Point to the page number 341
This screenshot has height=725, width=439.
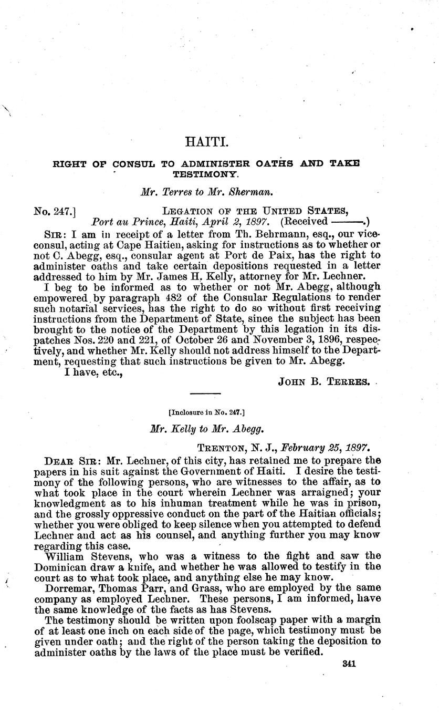(x=349, y=664)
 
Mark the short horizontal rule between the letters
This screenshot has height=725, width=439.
(x=205, y=393)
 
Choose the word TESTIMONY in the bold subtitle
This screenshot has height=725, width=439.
(x=206, y=172)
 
